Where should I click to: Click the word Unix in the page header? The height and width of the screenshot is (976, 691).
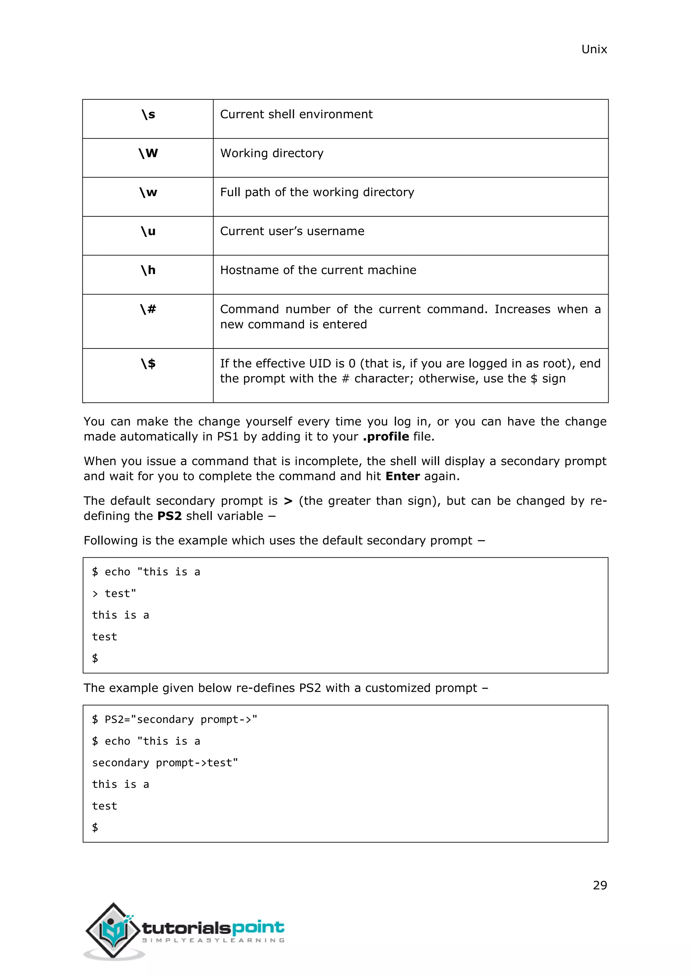[593, 49]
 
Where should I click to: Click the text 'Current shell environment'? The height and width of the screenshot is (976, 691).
[296, 114]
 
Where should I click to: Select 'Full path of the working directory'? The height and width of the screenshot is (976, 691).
[317, 192]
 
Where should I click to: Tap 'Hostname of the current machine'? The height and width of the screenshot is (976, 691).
[318, 270]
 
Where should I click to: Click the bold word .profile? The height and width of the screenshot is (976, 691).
[386, 436]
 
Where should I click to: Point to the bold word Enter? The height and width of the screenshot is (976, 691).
[403, 476]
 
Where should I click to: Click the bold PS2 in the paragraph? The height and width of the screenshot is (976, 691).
[169, 516]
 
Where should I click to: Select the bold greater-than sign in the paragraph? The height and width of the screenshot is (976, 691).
[288, 501]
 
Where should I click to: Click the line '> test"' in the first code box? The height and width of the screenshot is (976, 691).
[114, 593]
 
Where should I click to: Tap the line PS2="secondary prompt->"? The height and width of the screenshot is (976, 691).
[174, 719]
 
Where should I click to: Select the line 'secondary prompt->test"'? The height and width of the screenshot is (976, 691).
[165, 763]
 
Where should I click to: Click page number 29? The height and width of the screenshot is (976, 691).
[600, 885]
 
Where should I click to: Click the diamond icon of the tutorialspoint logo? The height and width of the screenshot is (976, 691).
[113, 930]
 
